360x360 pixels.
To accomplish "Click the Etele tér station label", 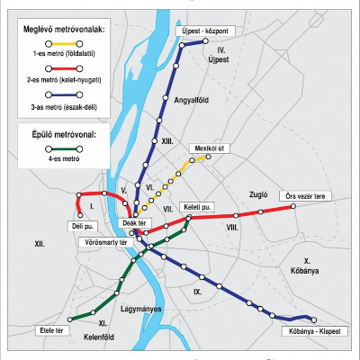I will click(55, 330).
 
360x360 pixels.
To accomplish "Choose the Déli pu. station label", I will click(84, 227).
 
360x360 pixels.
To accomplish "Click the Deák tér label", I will click(133, 222).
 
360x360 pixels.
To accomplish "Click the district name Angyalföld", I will click(191, 101).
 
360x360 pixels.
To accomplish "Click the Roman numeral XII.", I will click(39, 244).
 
